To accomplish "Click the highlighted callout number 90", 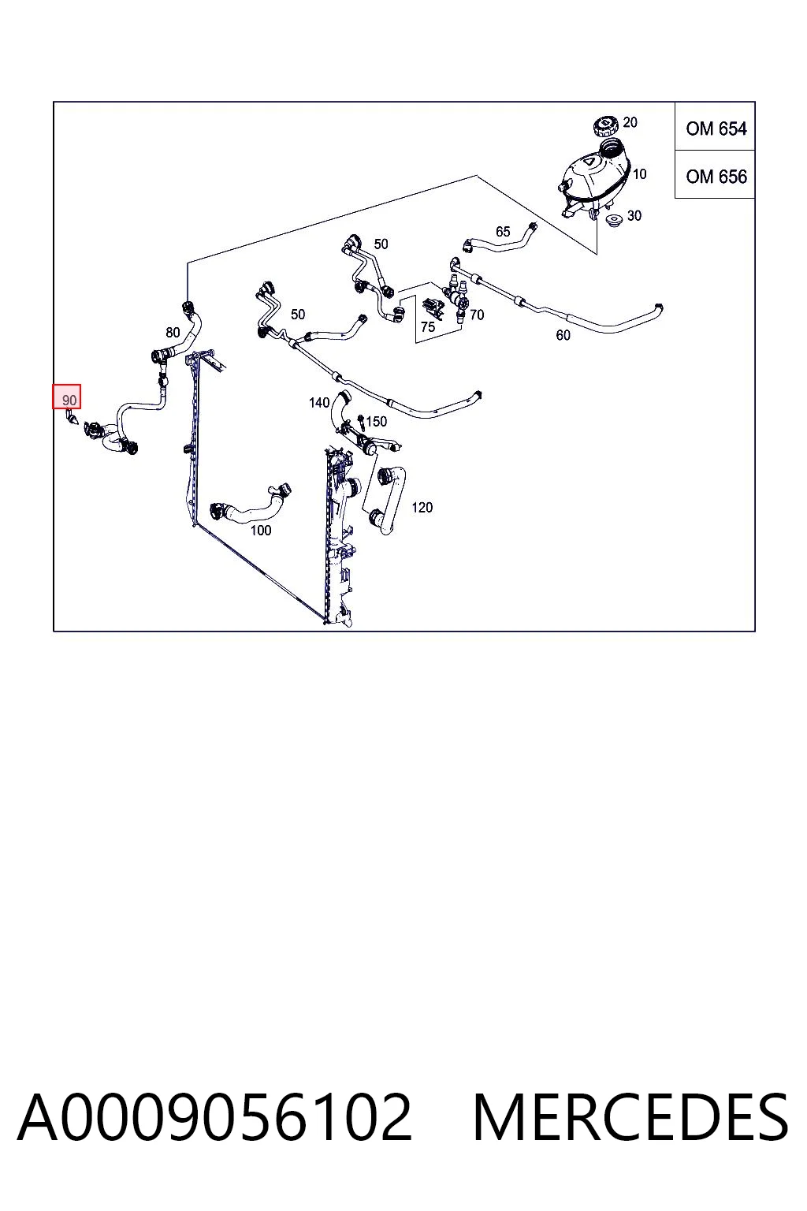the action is click(x=67, y=397).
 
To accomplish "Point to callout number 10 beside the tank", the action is click(x=639, y=174).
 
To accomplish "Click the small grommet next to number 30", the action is click(x=614, y=221).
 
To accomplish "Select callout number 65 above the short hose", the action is click(x=503, y=231).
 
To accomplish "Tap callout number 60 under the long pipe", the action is click(x=563, y=335).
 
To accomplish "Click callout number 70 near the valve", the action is click(x=476, y=314).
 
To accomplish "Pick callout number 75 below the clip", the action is click(x=428, y=326).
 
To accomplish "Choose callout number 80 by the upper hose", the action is click(x=173, y=332).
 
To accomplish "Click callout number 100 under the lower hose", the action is click(x=261, y=531).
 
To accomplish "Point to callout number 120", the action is click(x=422, y=507).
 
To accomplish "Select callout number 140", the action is click(x=319, y=403).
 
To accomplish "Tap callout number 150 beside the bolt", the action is click(x=376, y=421).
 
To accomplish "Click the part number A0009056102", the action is click(x=214, y=1117).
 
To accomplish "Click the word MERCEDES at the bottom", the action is click(x=630, y=1117).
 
